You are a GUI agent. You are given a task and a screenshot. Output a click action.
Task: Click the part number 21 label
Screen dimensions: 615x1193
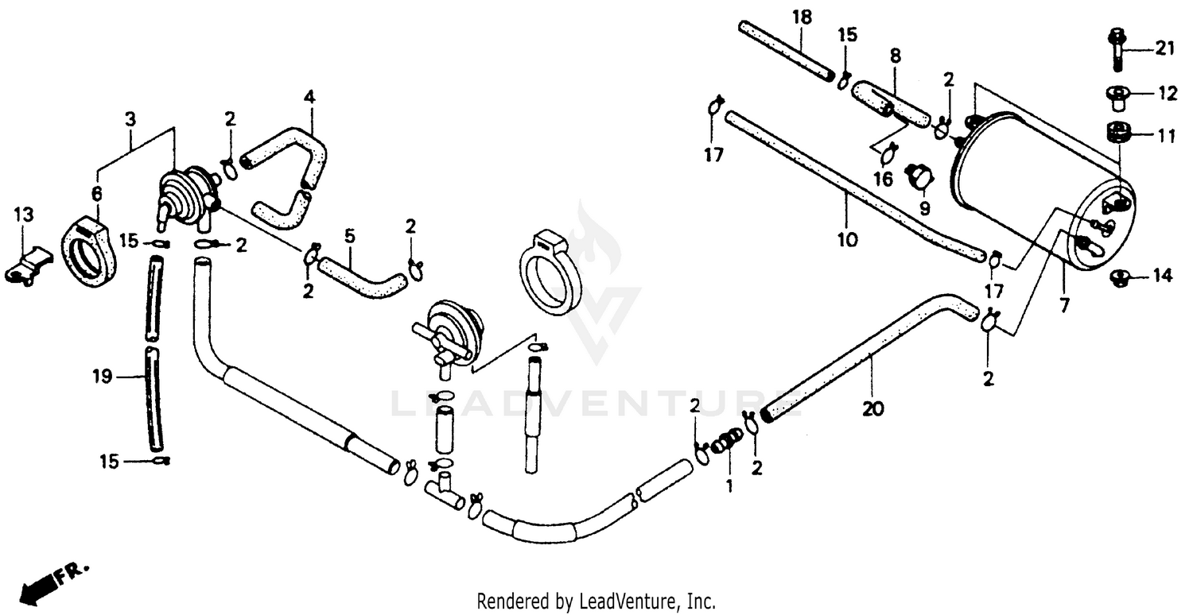click(1165, 49)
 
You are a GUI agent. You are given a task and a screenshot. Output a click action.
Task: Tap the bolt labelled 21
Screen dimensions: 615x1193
click(1115, 48)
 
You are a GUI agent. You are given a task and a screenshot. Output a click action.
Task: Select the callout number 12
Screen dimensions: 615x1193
click(1167, 95)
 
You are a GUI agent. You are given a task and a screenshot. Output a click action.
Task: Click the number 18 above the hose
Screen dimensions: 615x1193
click(801, 17)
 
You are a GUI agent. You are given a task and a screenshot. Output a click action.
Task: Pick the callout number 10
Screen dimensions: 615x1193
click(847, 238)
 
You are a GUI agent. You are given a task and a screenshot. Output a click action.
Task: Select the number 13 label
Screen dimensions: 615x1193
click(24, 215)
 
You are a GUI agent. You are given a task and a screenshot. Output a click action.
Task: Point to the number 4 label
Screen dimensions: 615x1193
click(309, 98)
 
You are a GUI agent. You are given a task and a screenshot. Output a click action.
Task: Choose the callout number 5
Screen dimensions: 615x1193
click(348, 236)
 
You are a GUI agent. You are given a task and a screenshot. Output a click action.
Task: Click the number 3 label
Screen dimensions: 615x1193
click(130, 119)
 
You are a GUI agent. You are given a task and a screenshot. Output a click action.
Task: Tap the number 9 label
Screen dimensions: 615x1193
click(924, 209)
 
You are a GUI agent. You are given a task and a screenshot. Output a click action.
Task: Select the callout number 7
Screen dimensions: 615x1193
click(1065, 304)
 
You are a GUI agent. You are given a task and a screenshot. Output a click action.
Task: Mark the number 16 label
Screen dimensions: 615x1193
click(883, 179)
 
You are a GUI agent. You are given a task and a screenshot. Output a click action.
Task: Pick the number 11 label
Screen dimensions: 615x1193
click(1167, 136)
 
